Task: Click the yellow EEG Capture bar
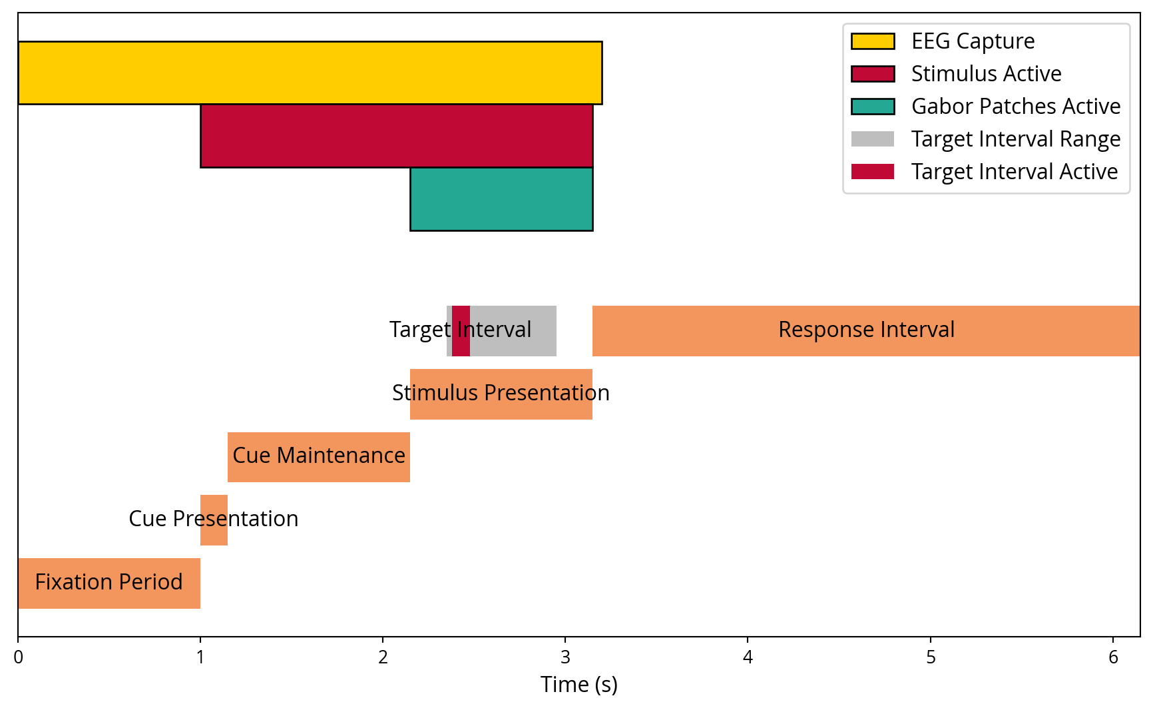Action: (x=310, y=73)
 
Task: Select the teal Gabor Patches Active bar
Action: (x=501, y=198)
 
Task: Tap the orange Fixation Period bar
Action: (x=109, y=583)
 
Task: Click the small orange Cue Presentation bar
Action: (x=214, y=520)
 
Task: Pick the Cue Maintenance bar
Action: (x=318, y=456)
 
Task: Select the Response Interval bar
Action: (x=865, y=330)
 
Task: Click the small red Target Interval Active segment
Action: (x=461, y=330)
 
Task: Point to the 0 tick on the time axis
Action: (x=18, y=657)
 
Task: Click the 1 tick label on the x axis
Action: (x=200, y=657)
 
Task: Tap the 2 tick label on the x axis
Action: (x=383, y=657)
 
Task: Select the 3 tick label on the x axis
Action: (x=565, y=657)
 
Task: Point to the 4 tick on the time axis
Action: (x=748, y=657)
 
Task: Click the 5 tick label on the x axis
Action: (x=931, y=657)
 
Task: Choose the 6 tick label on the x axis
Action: (x=1113, y=657)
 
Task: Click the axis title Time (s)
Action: (x=578, y=685)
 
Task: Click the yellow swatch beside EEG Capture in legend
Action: (x=872, y=41)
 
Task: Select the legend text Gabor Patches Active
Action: (x=1015, y=107)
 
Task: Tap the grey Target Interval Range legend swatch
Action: (x=872, y=139)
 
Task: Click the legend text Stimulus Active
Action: (x=986, y=74)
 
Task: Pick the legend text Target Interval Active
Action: (x=1014, y=172)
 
